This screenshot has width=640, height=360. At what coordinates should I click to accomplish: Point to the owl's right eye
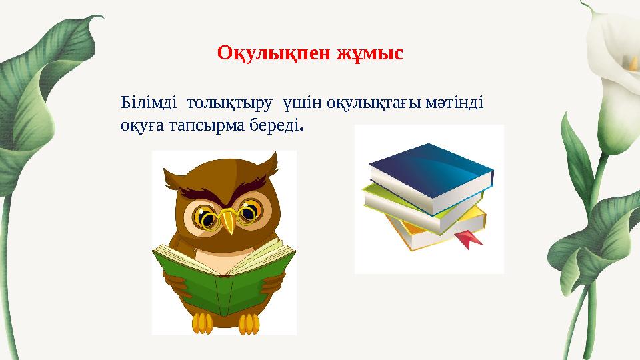tap(249, 213)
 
